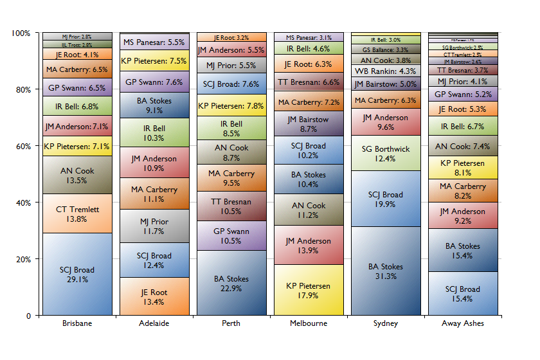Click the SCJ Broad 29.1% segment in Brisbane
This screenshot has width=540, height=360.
[x=77, y=274]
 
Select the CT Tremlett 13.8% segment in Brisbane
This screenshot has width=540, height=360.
[x=77, y=213]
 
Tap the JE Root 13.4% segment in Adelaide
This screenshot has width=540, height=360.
[x=154, y=296]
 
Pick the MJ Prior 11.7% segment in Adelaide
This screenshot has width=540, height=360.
[x=154, y=226]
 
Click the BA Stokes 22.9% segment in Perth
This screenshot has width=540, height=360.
[x=231, y=283]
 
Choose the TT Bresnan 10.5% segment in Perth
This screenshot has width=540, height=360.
[x=231, y=206]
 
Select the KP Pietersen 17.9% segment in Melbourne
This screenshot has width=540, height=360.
[x=309, y=291]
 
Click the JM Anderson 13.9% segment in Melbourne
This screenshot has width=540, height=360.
[x=309, y=245]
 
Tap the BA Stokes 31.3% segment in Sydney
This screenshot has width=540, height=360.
[x=386, y=271]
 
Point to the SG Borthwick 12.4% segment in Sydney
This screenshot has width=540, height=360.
[x=386, y=153]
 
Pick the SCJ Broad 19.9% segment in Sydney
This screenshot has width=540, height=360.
[x=386, y=199]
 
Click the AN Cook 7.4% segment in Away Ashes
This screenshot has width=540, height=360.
[x=463, y=146]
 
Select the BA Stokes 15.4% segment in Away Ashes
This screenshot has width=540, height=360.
[x=463, y=250]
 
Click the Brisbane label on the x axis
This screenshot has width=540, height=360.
[x=77, y=323]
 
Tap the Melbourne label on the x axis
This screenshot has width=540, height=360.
[x=309, y=323]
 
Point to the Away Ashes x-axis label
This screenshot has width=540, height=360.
[x=463, y=323]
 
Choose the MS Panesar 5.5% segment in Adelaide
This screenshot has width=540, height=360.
[x=154, y=42]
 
